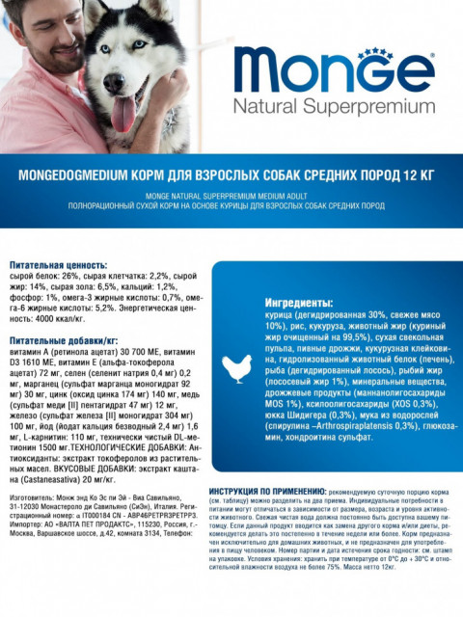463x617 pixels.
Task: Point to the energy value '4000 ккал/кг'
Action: (39, 317)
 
